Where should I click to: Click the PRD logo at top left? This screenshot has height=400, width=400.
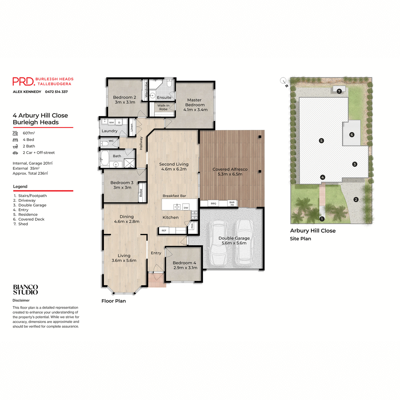[x=23, y=81]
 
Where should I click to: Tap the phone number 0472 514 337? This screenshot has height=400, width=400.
[x=56, y=92]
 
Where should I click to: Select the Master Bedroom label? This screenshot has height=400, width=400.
[x=195, y=102]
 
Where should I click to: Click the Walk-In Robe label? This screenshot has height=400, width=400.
[x=163, y=107]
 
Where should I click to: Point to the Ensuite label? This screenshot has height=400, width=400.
[x=164, y=98]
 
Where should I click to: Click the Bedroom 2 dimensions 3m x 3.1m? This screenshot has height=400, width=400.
[x=125, y=102]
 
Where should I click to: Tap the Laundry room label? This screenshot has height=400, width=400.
[x=109, y=131]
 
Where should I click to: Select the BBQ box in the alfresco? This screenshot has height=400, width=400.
[x=213, y=203]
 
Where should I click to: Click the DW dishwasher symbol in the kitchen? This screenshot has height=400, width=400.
[x=186, y=207]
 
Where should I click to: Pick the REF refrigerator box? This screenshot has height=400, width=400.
[x=164, y=230]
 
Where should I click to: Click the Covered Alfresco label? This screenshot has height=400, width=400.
[x=230, y=169]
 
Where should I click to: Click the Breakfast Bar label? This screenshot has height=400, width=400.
[x=174, y=196]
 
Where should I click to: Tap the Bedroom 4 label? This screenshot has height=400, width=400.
[x=184, y=263]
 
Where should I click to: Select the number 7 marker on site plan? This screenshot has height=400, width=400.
[x=339, y=91]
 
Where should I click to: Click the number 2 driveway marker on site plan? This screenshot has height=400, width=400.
[x=356, y=200]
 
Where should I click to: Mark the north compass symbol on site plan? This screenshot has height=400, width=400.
[x=283, y=81]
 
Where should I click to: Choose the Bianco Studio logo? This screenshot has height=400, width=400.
[x=25, y=290]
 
